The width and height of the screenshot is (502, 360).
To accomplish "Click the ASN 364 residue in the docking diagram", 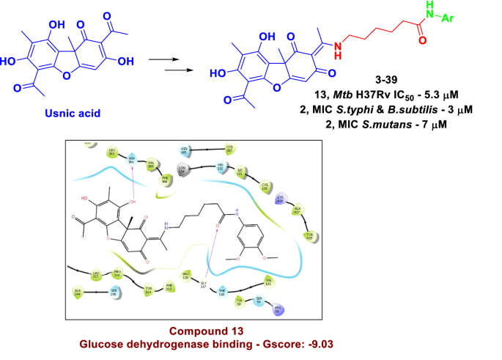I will (x=133, y=156).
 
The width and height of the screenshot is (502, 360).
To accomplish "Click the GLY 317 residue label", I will (x=204, y=288).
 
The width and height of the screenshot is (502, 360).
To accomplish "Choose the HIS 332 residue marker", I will (x=219, y=168).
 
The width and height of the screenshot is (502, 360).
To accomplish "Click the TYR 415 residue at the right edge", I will (x=310, y=235).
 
